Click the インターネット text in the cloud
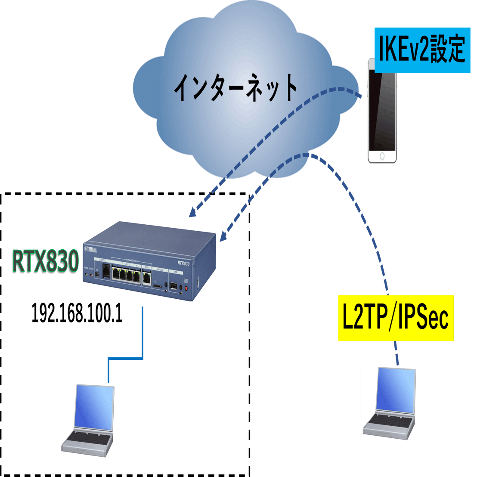(x=235, y=88)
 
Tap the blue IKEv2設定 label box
(x=422, y=50)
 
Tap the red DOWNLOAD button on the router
(x=186, y=288)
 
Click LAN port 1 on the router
(x=116, y=274)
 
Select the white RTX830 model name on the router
(x=183, y=264)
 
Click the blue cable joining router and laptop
(x=125, y=358)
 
